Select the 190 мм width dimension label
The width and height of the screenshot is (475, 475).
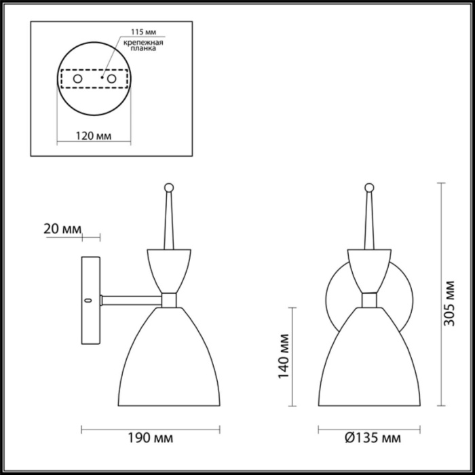[x=151, y=438]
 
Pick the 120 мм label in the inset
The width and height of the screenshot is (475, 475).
[x=92, y=136]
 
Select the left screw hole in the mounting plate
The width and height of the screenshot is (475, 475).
[x=78, y=79]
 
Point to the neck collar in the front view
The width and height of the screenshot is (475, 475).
[x=369, y=299]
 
